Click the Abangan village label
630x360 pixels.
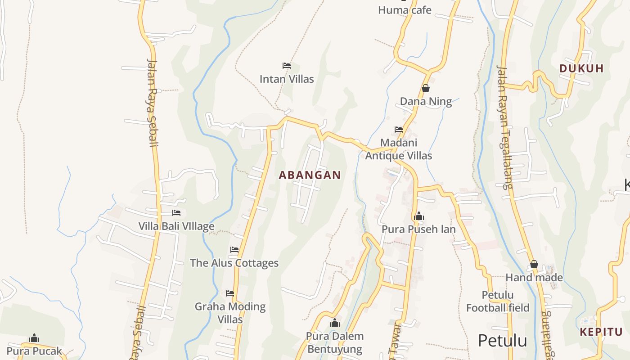(310, 175)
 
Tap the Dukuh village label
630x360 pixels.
(581, 68)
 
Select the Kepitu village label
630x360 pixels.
(601, 332)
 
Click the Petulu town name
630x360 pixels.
(502, 341)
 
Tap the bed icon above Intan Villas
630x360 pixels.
(287, 66)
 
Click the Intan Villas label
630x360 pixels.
(287, 79)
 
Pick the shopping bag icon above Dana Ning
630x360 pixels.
(426, 88)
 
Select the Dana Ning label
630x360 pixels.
(426, 101)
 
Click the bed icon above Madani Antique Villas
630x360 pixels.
(399, 130)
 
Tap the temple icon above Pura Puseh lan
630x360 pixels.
(419, 216)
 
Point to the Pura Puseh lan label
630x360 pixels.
(418, 229)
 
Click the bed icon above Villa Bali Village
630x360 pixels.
(176, 213)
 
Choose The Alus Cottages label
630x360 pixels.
(234, 263)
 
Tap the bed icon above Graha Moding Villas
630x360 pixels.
(230, 293)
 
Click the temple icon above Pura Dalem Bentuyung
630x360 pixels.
(335, 323)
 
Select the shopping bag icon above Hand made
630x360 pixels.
(534, 264)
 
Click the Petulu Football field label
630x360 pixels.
(498, 301)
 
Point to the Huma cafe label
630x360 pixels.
(405, 10)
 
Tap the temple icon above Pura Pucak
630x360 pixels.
(34, 338)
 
